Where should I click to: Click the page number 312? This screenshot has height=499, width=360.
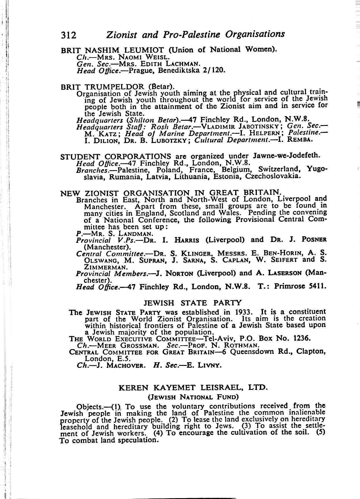[68, 35]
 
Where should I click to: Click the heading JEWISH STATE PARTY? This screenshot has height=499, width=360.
[192, 303]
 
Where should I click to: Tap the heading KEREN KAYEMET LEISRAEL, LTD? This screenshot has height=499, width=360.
[192, 387]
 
